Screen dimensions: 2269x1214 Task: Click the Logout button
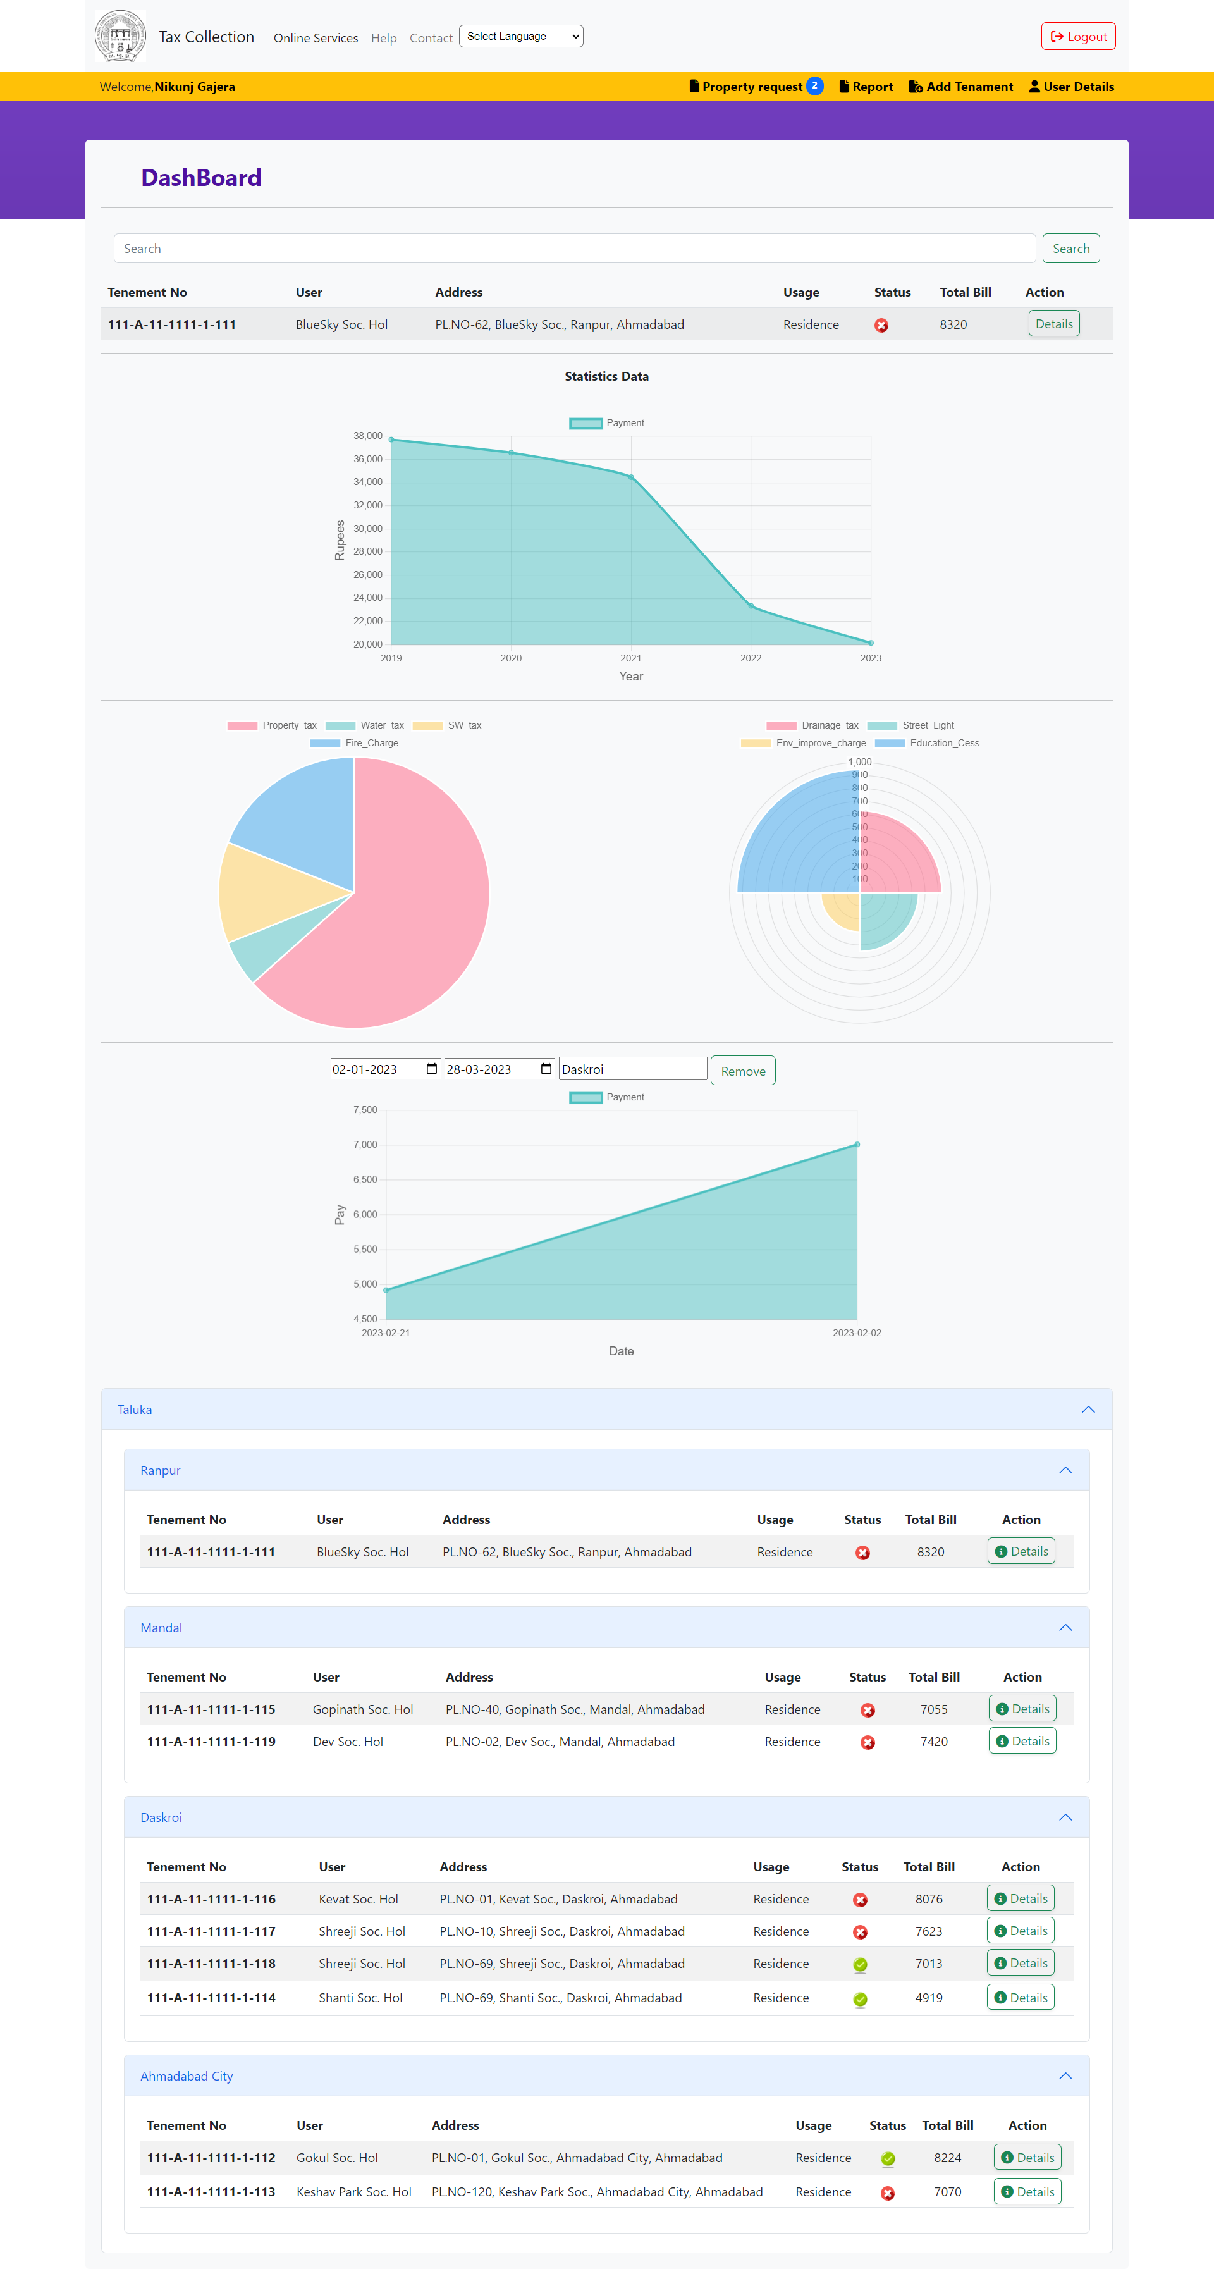(x=1078, y=36)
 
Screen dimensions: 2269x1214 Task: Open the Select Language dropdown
(x=520, y=36)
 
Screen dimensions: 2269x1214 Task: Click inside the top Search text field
(x=573, y=249)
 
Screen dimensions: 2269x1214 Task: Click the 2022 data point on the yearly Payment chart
(x=751, y=606)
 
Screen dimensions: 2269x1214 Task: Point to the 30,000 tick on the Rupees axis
(x=367, y=529)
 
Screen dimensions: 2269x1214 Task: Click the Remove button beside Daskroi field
(x=743, y=1070)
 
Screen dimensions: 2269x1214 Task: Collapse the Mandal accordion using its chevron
(x=1065, y=1627)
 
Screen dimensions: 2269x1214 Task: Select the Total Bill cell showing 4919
(x=929, y=1998)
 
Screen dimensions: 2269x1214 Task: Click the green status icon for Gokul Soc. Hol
(x=887, y=2158)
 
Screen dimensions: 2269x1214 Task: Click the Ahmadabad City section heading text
(x=187, y=2076)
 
